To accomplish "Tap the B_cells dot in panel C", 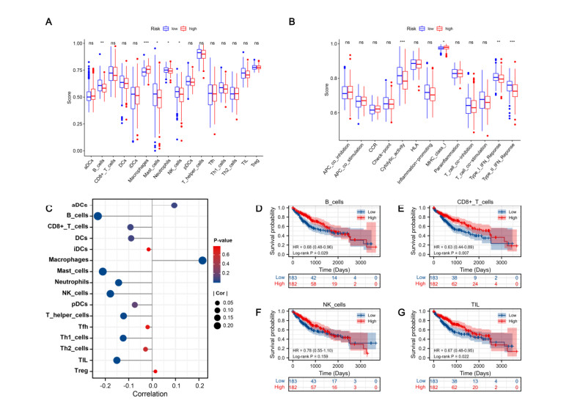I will pyautogui.click(x=98, y=215).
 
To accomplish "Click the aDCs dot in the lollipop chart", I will pyautogui.click(x=174, y=206).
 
